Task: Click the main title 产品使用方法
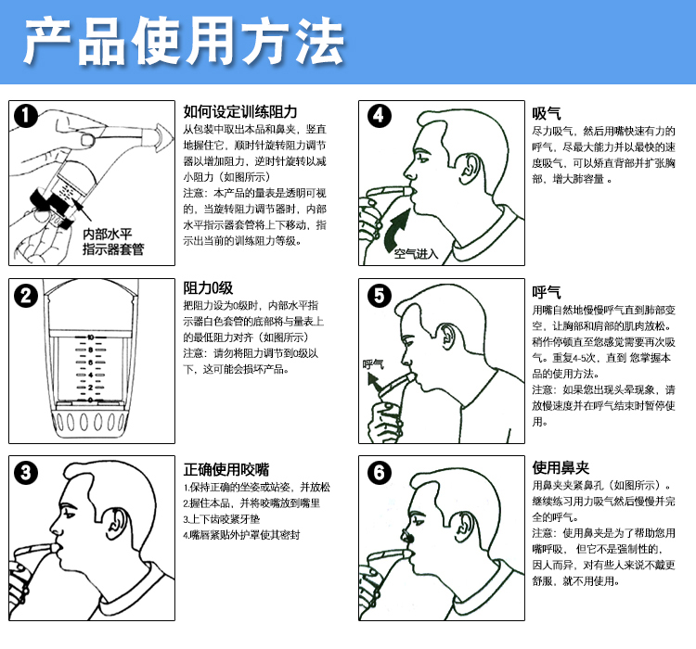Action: pyautogui.click(x=184, y=41)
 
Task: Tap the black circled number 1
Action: pyautogui.click(x=26, y=116)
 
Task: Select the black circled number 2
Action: pyautogui.click(x=26, y=295)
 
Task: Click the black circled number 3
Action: pyautogui.click(x=26, y=472)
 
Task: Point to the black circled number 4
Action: pyautogui.click(x=379, y=116)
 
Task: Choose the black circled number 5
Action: pyautogui.click(x=379, y=295)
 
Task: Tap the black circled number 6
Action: pyautogui.click(x=379, y=472)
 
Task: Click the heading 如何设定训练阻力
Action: pyautogui.click(x=240, y=112)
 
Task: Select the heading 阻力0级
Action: pyautogui.click(x=208, y=288)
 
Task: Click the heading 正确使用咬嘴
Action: pyautogui.click(x=226, y=469)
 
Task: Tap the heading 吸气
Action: pyautogui.click(x=547, y=113)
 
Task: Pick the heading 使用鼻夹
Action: pyautogui.click(x=561, y=467)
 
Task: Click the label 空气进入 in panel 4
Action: pyautogui.click(x=416, y=254)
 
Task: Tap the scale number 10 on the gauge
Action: pyautogui.click(x=91, y=337)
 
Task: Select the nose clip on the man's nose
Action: pyautogui.click(x=408, y=538)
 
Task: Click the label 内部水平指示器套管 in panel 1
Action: pyautogui.click(x=113, y=242)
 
